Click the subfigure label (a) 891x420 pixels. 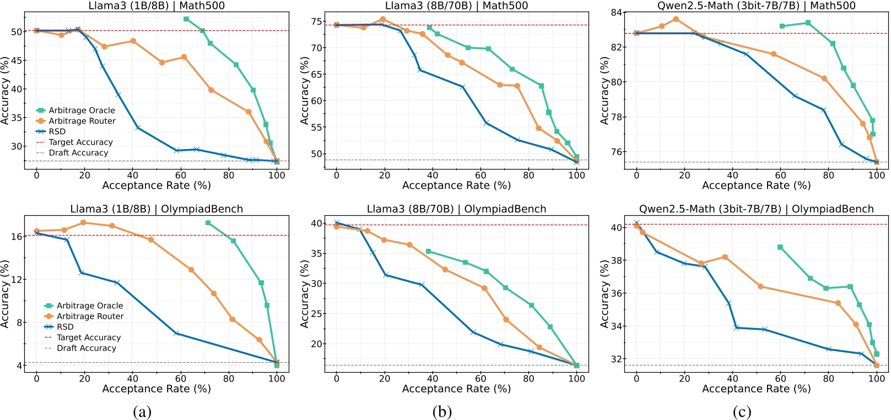coord(142,412)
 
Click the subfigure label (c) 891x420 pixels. coord(742,412)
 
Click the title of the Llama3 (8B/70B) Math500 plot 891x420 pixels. coord(456,6)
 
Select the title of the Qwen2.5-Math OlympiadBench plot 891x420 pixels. coord(756,209)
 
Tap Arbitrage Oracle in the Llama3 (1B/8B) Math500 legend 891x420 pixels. coord(82,111)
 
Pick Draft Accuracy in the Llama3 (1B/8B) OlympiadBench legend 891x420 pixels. coord(87,348)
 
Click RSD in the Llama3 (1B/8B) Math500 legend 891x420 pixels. coord(57,132)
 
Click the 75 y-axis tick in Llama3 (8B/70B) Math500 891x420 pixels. coord(316,21)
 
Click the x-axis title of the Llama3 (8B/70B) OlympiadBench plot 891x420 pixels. coord(456,389)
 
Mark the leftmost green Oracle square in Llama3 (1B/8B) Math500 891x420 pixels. coord(186,19)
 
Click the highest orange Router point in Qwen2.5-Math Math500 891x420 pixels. coord(676,19)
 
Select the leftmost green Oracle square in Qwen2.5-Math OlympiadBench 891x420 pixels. coord(780,247)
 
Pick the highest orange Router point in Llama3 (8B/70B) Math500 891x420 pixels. coord(382,19)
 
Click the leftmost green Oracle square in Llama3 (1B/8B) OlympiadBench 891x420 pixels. coord(208,222)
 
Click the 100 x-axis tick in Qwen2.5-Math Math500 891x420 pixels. coord(876,175)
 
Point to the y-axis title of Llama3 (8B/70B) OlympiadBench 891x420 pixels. coord(305,294)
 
